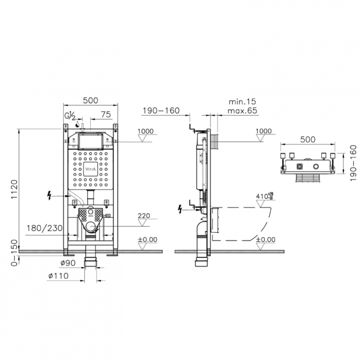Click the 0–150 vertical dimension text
pyautogui.click(x=14, y=253)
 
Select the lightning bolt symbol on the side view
pyautogui.click(x=181, y=209)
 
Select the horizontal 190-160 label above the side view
pyautogui.click(x=161, y=111)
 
